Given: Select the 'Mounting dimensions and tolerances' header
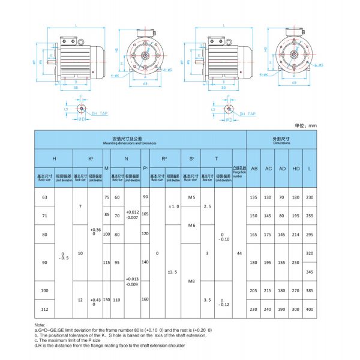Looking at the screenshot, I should point(140,141).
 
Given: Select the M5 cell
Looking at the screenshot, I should point(192,197).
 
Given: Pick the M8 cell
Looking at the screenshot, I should point(192,280).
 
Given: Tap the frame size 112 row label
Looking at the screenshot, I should point(43,310).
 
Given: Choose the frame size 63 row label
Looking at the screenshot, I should point(43,197).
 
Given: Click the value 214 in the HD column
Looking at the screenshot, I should point(296,235).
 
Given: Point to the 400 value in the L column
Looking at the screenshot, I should point(310,310).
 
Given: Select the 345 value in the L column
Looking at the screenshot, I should point(310,272).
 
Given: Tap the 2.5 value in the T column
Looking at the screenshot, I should point(208,206).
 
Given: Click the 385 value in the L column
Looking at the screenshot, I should point(310,290).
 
